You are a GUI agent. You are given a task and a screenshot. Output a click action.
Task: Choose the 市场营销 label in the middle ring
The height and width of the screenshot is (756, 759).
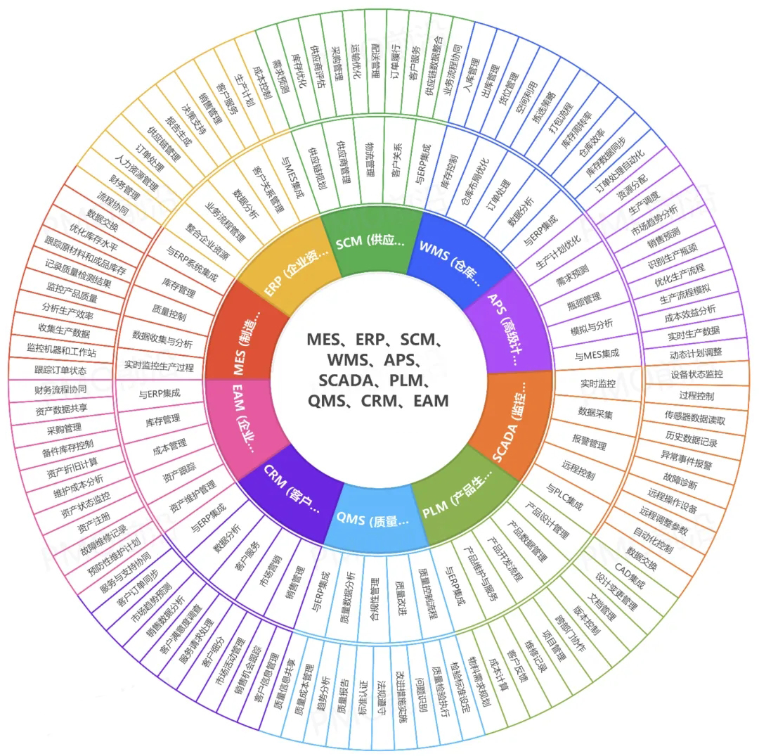pos(271,566)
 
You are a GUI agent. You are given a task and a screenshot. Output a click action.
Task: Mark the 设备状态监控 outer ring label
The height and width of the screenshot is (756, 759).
pos(696,374)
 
